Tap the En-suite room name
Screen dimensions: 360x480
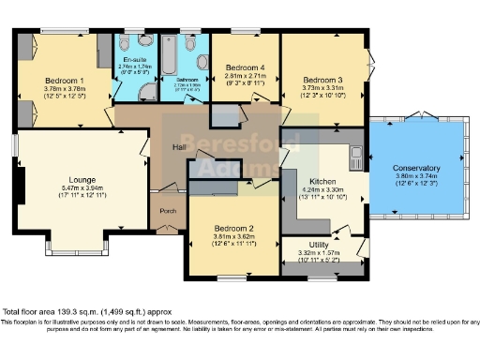click(x=135, y=58)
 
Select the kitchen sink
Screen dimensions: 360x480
click(x=356, y=153)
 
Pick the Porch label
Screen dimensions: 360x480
click(x=169, y=211)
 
